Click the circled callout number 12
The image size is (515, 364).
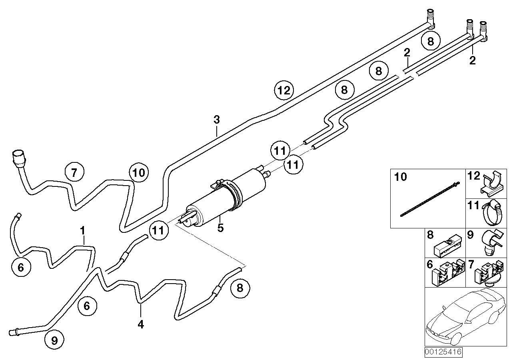coord(284,90)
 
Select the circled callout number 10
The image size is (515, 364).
coord(138,173)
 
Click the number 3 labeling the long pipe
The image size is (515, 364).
coord(216,119)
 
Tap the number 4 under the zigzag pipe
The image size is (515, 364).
coord(140,324)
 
